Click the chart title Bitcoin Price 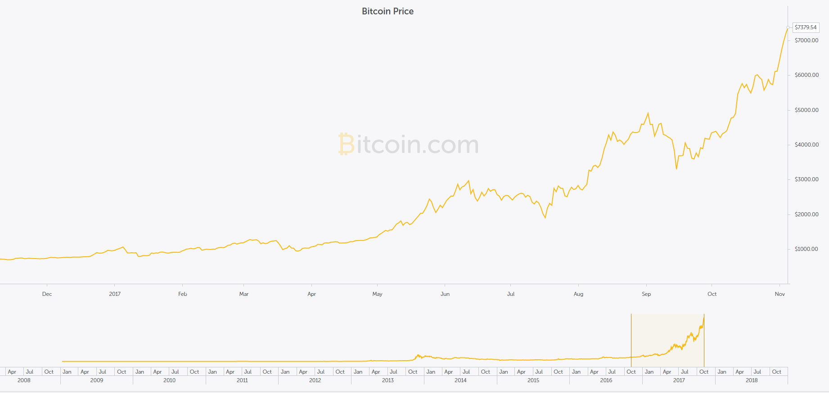[x=387, y=11]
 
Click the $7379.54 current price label [x=806, y=27]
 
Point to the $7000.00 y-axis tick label [x=806, y=40]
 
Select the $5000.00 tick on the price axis [x=806, y=110]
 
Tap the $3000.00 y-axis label [x=806, y=179]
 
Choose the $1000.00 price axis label [x=806, y=249]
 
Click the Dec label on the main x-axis [x=47, y=294]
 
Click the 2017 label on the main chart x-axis [x=115, y=294]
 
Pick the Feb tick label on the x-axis [x=182, y=294]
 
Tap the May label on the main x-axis [x=377, y=294]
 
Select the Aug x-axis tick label [x=578, y=294]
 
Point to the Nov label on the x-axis [x=779, y=294]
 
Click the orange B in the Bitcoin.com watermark [x=346, y=144]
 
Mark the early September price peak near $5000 [x=648, y=113]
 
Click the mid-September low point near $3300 [x=676, y=169]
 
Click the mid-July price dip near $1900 [x=545, y=218]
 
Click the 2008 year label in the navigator [x=24, y=380]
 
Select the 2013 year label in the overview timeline [x=387, y=380]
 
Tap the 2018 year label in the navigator [x=752, y=380]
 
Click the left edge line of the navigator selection [x=631, y=340]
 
